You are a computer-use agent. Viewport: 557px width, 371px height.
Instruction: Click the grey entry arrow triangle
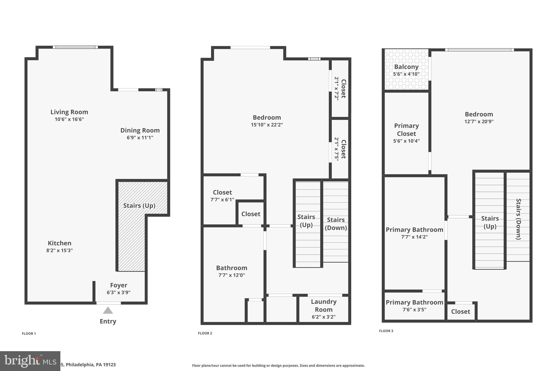point(108,310)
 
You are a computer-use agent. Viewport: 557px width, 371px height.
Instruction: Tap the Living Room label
point(69,112)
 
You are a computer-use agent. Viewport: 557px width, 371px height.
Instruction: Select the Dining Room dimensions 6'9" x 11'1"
point(140,138)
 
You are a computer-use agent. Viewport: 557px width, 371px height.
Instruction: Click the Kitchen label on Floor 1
point(60,243)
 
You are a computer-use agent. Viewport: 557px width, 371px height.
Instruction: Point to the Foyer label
point(119,285)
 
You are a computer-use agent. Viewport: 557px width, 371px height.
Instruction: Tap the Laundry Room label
point(324,305)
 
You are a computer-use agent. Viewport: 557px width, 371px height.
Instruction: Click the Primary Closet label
point(406,130)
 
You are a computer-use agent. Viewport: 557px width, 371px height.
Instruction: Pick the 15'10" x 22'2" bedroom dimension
point(267,125)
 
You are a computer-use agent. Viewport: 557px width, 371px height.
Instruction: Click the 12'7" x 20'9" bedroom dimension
point(479,121)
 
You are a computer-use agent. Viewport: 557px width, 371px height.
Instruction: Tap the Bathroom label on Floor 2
point(231,268)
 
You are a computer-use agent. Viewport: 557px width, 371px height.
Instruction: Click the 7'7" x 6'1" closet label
point(222,199)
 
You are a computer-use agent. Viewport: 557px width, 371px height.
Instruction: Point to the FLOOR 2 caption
point(205,333)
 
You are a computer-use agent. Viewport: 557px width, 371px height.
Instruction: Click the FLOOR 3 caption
point(386,331)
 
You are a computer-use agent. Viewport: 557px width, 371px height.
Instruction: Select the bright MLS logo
point(30,361)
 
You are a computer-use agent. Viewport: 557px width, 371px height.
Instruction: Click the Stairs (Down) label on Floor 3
point(518,219)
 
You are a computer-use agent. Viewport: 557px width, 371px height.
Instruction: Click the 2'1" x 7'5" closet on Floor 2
point(340,149)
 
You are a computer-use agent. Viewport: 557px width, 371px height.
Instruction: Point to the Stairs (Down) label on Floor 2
point(336,224)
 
